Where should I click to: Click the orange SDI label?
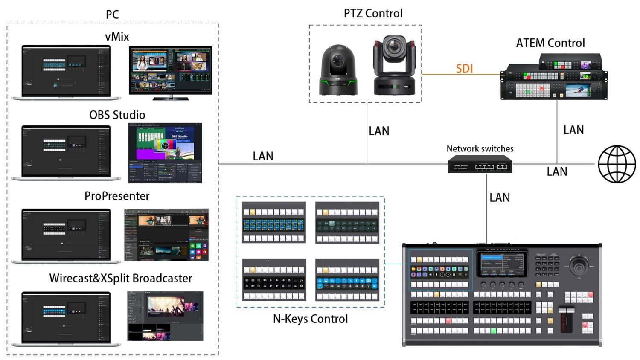464,68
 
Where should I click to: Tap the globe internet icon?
617,164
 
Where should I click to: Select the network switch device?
480,164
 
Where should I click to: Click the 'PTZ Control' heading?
373,13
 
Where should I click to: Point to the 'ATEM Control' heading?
550,43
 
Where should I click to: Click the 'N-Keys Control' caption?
310,319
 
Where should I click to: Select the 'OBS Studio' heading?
117,115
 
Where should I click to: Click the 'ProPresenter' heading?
117,196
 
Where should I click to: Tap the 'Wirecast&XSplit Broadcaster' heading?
121,279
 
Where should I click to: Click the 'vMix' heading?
117,37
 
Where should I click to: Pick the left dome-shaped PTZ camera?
338,71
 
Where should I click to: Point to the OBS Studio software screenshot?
165,153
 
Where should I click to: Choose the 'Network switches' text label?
480,149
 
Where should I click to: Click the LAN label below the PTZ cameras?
379,131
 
